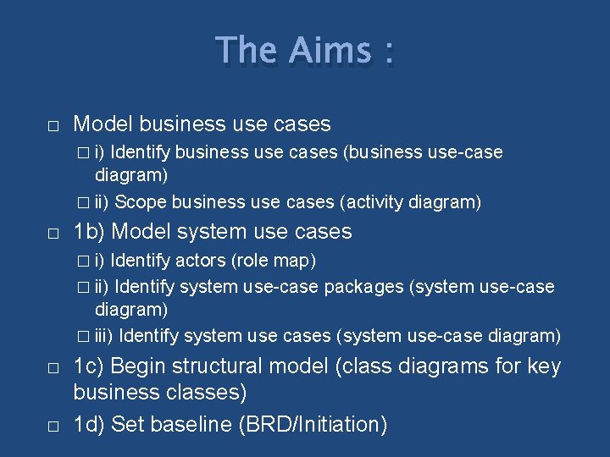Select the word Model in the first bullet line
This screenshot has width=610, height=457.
(103, 124)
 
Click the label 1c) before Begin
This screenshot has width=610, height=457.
(89, 366)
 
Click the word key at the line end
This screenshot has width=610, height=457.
(544, 366)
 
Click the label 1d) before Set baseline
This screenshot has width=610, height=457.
(89, 424)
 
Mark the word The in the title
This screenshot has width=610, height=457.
(247, 51)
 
